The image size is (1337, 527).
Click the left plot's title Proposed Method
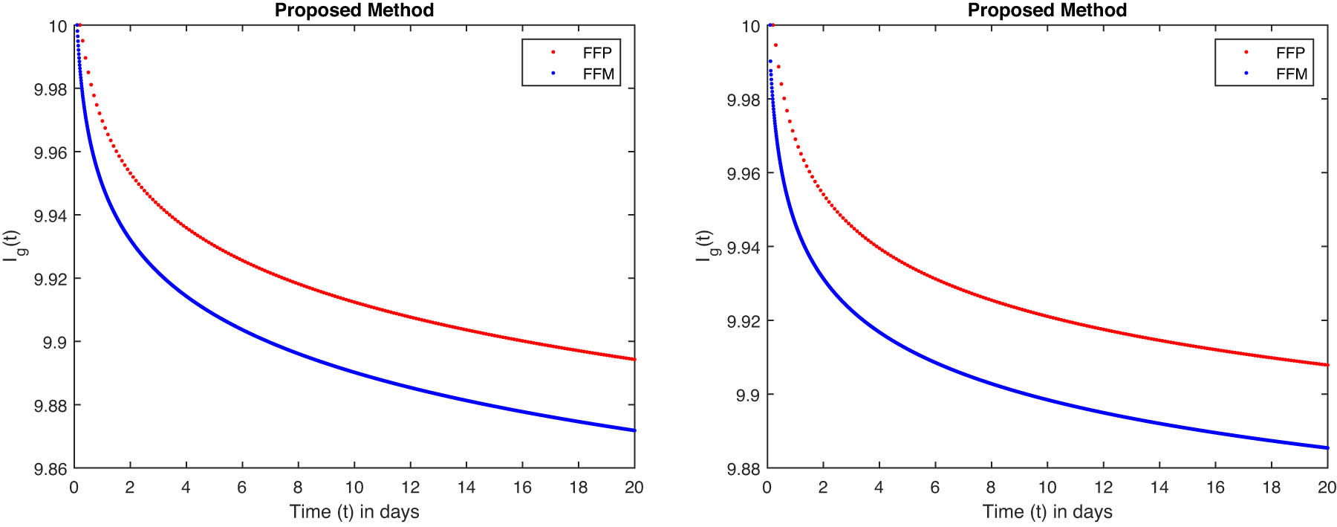354,10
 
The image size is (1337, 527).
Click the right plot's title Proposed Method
1047,10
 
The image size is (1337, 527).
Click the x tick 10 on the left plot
354,488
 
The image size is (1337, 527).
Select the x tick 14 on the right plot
1159,488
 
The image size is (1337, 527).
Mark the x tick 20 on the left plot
634,488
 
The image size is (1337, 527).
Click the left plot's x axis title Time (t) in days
354,511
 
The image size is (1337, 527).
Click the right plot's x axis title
1047,511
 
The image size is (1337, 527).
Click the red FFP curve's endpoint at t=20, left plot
634,360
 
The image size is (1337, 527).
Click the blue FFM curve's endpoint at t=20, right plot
1327,447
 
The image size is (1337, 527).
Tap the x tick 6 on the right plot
934,488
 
